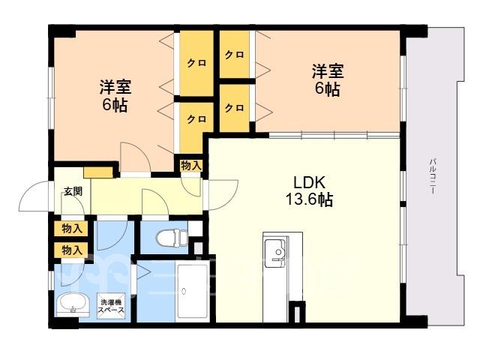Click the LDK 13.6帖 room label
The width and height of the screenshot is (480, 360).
pyautogui.click(x=309, y=191)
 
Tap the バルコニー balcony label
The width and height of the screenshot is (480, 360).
pyautogui.click(x=433, y=176)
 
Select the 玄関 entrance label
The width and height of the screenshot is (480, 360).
pyautogui.click(x=73, y=191)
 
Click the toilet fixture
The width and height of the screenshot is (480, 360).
pyautogui.click(x=172, y=238)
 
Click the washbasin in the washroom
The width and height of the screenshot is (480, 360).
pyautogui.click(x=73, y=304)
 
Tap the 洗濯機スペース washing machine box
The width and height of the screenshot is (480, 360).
pyautogui.click(x=111, y=306)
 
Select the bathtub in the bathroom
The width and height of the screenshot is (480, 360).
pyautogui.click(x=193, y=291)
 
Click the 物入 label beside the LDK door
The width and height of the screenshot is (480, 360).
pyautogui.click(x=191, y=166)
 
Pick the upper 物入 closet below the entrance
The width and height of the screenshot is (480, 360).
pyautogui.click(x=71, y=229)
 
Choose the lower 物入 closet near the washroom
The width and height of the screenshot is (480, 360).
pyautogui.click(x=71, y=250)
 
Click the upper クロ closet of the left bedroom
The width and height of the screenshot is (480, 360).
pyautogui.click(x=196, y=63)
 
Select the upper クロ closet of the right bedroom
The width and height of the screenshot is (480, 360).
pyautogui.click(x=235, y=55)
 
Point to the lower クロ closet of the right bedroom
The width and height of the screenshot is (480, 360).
pyautogui.click(x=235, y=108)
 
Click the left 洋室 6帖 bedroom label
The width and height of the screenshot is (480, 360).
pyautogui.click(x=115, y=96)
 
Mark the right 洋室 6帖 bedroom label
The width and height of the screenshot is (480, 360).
pyautogui.click(x=328, y=80)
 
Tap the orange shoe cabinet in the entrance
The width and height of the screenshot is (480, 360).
pyautogui.click(x=98, y=172)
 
